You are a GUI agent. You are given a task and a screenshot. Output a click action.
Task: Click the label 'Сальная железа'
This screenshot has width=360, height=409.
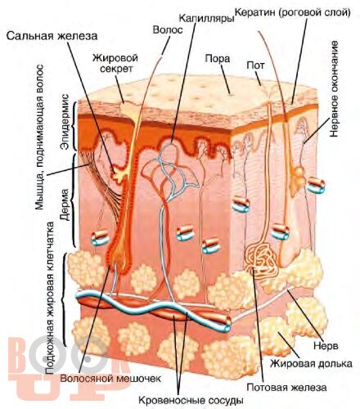pyautogui.click(x=52, y=36)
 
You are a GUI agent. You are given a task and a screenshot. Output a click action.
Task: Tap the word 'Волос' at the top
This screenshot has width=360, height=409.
pyautogui.click(x=168, y=29)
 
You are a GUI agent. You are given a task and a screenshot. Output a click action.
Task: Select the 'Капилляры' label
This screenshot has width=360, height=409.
pyautogui.click(x=207, y=18)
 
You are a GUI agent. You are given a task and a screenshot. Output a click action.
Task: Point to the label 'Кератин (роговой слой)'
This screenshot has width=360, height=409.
pyautogui.click(x=293, y=12)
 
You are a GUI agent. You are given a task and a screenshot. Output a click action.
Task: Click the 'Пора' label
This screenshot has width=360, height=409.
pyautogui.click(x=218, y=59)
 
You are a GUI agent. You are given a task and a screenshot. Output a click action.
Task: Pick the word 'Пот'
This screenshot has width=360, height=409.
pyautogui.click(x=255, y=65)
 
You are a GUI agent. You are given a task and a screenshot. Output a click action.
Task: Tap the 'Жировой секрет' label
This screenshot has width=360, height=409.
pyautogui.click(x=115, y=63)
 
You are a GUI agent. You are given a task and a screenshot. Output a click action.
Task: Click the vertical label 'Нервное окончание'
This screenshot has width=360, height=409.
pyautogui.click(x=334, y=89)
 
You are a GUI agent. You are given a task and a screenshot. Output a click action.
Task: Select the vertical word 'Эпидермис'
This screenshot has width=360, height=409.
pyautogui.click(x=66, y=122)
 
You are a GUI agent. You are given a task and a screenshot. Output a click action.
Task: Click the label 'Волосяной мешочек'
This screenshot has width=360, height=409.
pyautogui.click(x=110, y=378)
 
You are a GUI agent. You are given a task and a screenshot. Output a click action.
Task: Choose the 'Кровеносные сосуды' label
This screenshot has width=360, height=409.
pyautogui.click(x=191, y=401)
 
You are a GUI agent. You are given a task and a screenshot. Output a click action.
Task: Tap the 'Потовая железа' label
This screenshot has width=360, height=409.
pyautogui.click(x=286, y=387)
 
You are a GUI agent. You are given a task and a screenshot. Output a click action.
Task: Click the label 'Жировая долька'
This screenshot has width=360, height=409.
pyautogui.click(x=311, y=363)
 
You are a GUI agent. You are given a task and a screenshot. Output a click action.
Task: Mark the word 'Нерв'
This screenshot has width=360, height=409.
pyautogui.click(x=326, y=346)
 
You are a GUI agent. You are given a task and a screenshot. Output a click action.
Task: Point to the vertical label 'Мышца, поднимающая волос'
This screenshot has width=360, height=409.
pyautogui.click(x=39, y=137)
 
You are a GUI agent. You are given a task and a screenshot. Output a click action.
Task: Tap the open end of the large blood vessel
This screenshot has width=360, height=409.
pyautogui.click(x=225, y=325)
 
